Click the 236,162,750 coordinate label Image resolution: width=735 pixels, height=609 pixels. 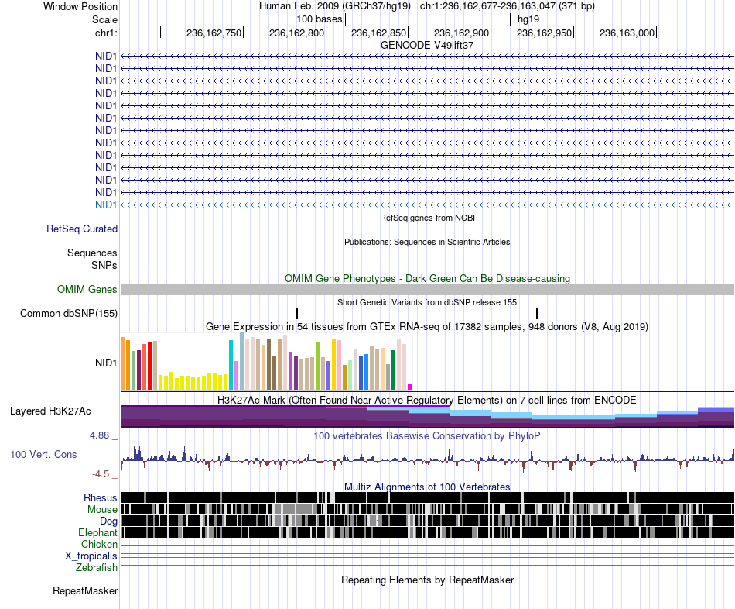coord(214,33)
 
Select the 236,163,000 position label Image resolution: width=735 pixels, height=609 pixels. coord(627,33)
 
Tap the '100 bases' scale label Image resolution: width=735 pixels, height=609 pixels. coord(320,19)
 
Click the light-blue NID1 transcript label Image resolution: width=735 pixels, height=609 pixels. coord(106,205)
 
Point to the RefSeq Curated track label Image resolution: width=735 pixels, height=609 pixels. coord(82,229)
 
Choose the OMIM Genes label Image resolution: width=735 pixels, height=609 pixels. coord(87,289)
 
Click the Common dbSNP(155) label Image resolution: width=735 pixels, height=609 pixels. coord(69,313)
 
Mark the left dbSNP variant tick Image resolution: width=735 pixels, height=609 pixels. coord(297,313)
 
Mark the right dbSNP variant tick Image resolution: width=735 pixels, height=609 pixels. coord(537,313)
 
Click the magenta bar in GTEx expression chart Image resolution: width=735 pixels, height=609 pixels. coord(410,387)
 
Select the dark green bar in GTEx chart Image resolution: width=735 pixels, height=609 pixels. coord(394,370)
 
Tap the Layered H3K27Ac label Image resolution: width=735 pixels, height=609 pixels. coord(50,411)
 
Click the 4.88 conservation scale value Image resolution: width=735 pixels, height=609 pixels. coord(99,435)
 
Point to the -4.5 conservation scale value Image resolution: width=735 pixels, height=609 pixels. coord(101,473)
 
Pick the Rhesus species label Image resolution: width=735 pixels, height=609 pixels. coord(101,497)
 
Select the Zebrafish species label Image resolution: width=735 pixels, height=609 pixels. coord(97,568)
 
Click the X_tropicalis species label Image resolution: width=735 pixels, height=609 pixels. coord(91,556)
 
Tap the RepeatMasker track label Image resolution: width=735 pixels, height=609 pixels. coord(85,590)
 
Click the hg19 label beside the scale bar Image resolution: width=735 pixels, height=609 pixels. coord(528,19)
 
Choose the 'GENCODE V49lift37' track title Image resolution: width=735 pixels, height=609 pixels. coord(427,45)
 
